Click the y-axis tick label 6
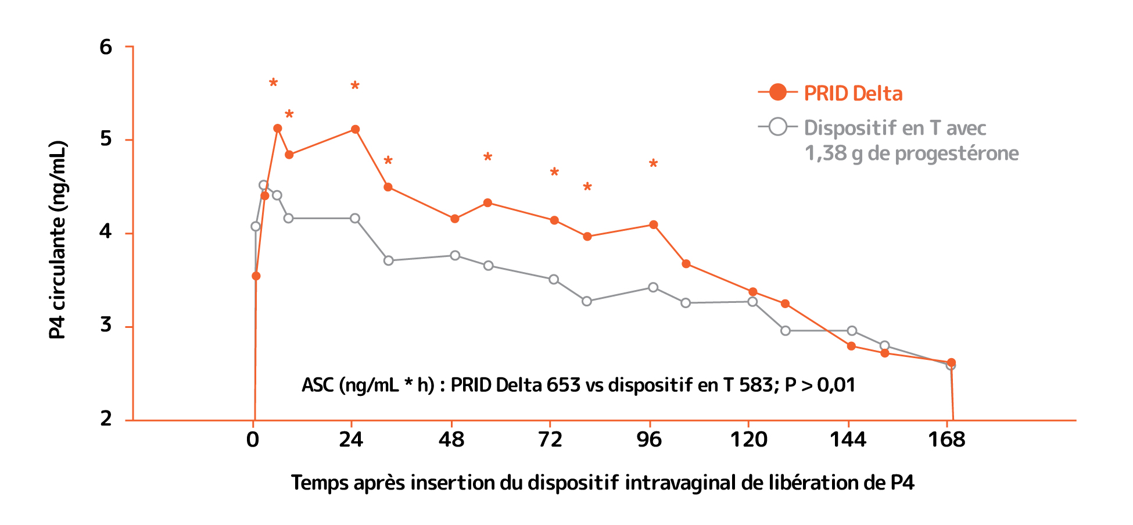[106, 47]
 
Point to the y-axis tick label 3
[106, 325]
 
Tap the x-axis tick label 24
[351, 440]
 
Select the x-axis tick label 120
[748, 440]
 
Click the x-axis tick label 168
[946, 440]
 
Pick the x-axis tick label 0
[252, 440]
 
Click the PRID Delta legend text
[853, 94]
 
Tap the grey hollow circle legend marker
[777, 127]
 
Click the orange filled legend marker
[777, 92]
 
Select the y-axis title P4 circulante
[58, 240]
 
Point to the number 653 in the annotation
[563, 385]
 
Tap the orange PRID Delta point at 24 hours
[356, 130]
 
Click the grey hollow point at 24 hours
[355, 219]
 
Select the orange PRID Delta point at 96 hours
[654, 225]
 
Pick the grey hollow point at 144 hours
[852, 331]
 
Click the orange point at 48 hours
[455, 219]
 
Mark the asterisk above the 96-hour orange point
[653, 164]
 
